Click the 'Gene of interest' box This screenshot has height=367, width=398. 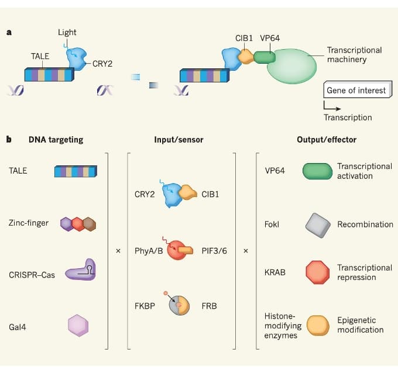click(356, 91)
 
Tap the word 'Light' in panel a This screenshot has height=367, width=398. click(67, 32)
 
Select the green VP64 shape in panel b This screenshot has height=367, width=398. click(317, 171)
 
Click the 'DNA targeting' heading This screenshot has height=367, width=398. click(56, 140)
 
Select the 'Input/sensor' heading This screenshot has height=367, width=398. click(179, 140)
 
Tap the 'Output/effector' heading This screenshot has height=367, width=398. click(327, 140)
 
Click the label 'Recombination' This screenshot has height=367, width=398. click(365, 224)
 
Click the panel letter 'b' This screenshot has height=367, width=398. click(9, 140)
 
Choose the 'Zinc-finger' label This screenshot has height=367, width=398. click(29, 223)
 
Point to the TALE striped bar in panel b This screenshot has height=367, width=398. click(76, 171)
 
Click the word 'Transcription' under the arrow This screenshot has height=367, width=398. click(348, 117)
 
